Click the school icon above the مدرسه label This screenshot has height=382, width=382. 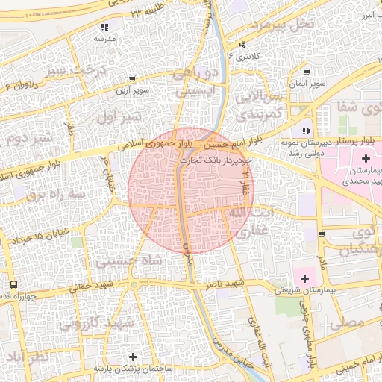(x=103, y=27)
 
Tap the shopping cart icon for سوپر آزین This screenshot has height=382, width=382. (x=132, y=78)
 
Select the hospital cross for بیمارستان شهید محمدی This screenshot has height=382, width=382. (x=366, y=158)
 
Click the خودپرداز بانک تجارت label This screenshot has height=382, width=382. (x=220, y=159)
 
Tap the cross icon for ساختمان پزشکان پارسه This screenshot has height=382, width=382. (x=133, y=357)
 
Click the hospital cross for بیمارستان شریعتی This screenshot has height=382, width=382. (x=304, y=278)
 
